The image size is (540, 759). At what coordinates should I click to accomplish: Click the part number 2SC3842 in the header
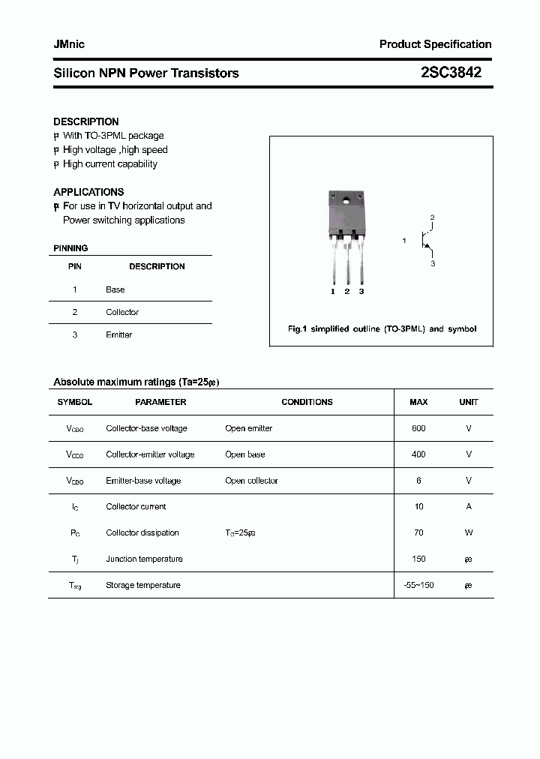[x=451, y=73]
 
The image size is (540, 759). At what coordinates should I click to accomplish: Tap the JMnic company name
[x=69, y=44]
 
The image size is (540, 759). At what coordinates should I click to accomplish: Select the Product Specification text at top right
[x=435, y=44]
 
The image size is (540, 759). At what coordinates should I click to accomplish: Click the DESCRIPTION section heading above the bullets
[x=86, y=121]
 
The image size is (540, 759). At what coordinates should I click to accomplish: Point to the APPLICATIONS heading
[x=88, y=192]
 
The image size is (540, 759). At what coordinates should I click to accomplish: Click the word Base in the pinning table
[x=115, y=289]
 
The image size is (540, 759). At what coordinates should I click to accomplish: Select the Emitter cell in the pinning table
[x=118, y=334]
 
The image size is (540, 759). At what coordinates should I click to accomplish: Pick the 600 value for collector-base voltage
[x=418, y=428]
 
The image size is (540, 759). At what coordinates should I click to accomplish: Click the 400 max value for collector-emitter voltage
[x=418, y=454]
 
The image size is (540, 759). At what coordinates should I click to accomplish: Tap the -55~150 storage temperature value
[x=418, y=585]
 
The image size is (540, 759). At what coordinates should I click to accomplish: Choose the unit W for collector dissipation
[x=469, y=532]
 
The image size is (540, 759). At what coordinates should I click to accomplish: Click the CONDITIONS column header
[x=307, y=402]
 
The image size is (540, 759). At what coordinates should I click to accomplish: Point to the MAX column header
[x=418, y=402]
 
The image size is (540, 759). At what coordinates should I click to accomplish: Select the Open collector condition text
[x=251, y=481]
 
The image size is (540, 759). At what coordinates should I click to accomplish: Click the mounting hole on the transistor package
[x=346, y=200]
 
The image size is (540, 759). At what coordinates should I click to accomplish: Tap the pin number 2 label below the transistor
[x=347, y=291]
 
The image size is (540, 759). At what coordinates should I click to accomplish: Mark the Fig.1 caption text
[x=382, y=328]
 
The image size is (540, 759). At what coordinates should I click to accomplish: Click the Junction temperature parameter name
[x=144, y=559]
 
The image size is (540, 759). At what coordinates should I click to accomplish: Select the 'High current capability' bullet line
[x=109, y=164]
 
